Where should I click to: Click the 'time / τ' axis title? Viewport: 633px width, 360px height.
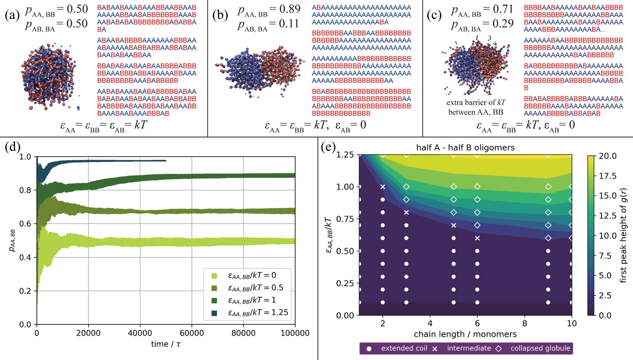(x=166, y=343)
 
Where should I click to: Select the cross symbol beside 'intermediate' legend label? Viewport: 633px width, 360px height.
(x=435, y=349)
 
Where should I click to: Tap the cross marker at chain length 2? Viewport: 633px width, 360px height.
(x=382, y=186)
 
